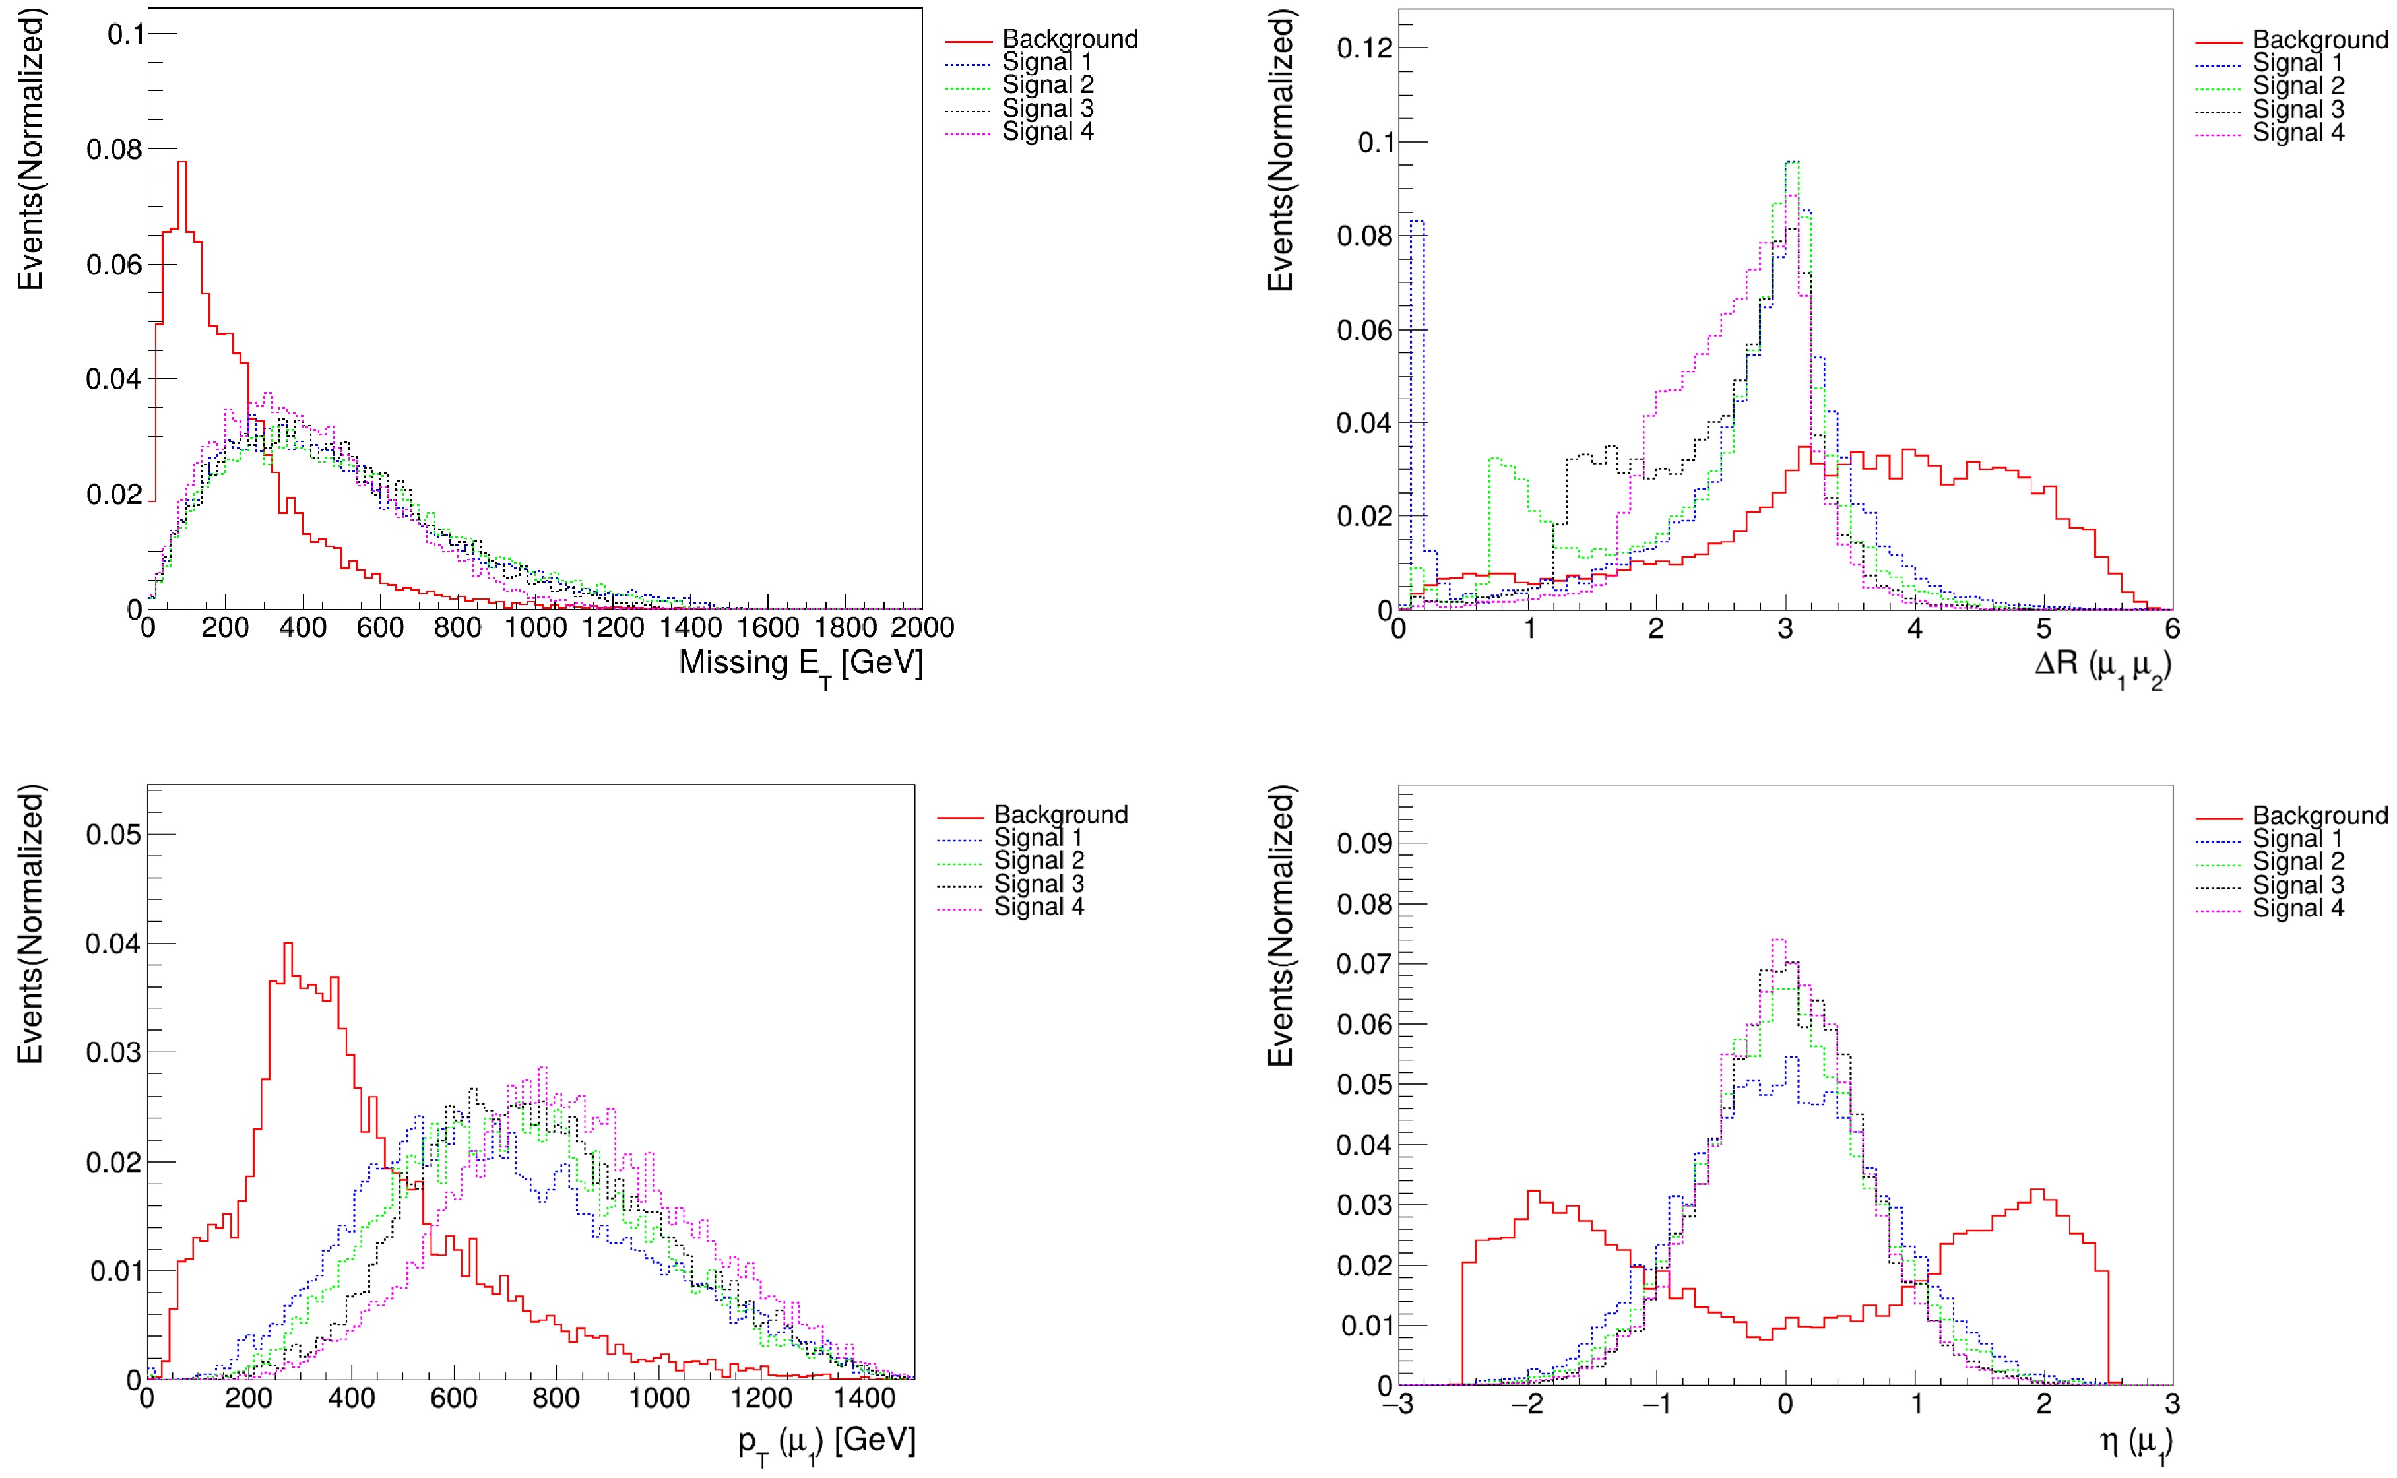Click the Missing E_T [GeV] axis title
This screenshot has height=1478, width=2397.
click(800, 664)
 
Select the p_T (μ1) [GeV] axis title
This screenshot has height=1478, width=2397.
click(827, 1441)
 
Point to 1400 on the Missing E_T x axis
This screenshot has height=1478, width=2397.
click(691, 627)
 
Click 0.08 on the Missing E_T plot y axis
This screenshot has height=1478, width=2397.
click(114, 150)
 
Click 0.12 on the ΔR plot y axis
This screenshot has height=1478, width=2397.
click(1364, 48)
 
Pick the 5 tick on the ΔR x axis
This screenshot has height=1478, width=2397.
click(2043, 629)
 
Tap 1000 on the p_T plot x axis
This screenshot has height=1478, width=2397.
click(658, 1399)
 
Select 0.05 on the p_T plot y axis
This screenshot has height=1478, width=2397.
click(113, 835)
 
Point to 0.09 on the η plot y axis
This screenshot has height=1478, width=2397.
click(1364, 844)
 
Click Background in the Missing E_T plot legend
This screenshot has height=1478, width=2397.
click(1070, 39)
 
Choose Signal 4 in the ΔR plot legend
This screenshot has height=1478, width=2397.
click(2297, 132)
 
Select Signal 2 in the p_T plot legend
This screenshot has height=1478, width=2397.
click(1039, 860)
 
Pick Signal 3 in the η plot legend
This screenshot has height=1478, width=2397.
click(2297, 885)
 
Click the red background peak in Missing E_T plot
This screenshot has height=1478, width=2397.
click(181, 163)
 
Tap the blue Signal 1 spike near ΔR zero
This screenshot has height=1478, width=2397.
click(1417, 223)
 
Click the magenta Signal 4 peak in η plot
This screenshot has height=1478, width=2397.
click(1778, 942)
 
